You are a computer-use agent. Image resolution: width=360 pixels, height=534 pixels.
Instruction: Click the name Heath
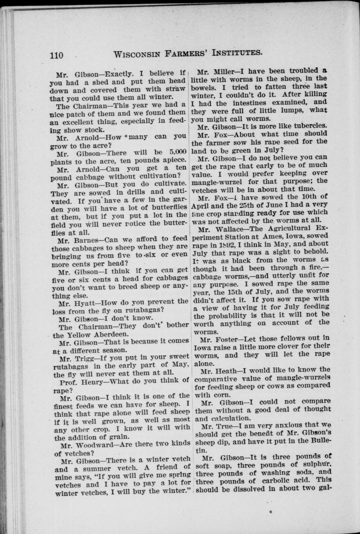point(223,370)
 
